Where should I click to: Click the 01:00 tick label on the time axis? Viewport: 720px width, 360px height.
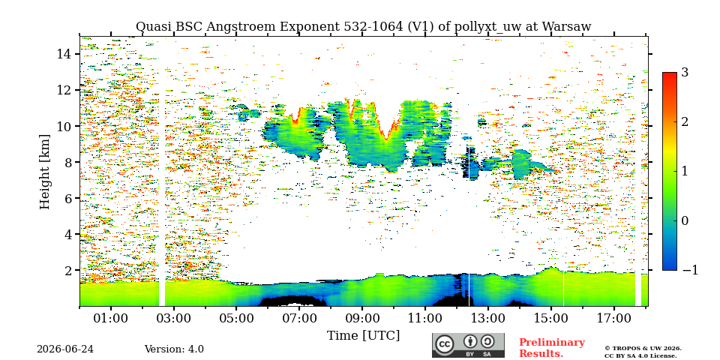pos(110,318)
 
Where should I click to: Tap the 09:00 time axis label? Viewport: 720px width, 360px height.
pos(361,318)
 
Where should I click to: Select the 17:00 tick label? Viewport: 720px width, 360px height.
pos(613,318)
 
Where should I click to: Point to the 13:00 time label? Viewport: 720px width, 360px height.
pos(487,318)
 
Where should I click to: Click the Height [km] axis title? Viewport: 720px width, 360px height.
pos(44,172)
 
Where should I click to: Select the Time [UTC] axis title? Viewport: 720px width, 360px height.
pos(363,336)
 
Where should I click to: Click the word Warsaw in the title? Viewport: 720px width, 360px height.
pos(566,27)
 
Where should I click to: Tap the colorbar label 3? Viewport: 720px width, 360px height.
pos(685,73)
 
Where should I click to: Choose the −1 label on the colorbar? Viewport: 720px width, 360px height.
pos(690,270)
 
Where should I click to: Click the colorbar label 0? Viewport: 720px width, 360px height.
pos(685,220)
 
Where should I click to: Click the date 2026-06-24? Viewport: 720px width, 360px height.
pos(65,349)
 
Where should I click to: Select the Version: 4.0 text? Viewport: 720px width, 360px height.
pos(174,349)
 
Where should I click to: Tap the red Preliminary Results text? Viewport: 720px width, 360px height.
pos(552,348)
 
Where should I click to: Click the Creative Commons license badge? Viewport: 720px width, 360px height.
pos(468,345)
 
